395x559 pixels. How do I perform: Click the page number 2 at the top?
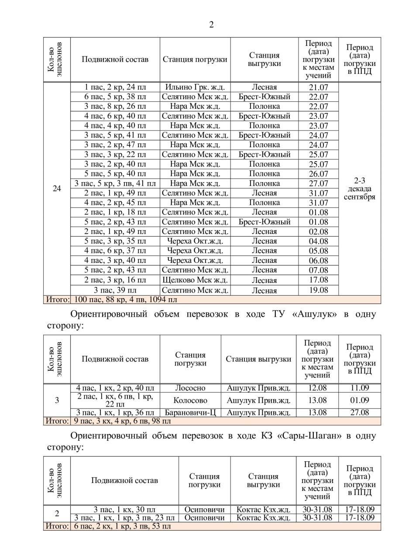pos(211,24)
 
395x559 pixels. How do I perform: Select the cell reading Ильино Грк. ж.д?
pos(195,87)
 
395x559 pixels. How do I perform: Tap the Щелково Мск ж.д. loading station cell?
pos(195,280)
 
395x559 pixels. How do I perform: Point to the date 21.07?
pos(318,87)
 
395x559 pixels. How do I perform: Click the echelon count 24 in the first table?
pos(57,189)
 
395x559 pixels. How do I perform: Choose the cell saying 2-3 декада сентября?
pos(359,189)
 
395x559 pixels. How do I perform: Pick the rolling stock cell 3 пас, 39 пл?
pos(115,290)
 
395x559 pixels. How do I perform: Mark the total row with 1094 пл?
pos(126,300)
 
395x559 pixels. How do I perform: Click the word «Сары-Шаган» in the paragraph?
pos(312,436)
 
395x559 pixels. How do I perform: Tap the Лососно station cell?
pos(190,388)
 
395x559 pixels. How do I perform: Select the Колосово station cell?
pos(190,400)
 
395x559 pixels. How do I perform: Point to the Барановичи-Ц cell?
pos(190,412)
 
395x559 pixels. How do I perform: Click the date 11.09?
pos(359,388)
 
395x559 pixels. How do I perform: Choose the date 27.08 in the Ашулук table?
pos(359,412)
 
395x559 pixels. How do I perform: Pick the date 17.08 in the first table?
pos(318,280)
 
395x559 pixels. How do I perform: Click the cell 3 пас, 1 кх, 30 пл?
pos(124,509)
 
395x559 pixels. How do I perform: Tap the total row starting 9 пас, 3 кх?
pos(122,421)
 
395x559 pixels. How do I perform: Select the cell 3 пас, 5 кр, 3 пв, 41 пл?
pos(115,183)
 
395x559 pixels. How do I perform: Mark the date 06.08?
pos(318,261)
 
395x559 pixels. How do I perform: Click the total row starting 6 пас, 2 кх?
pos(122,526)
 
